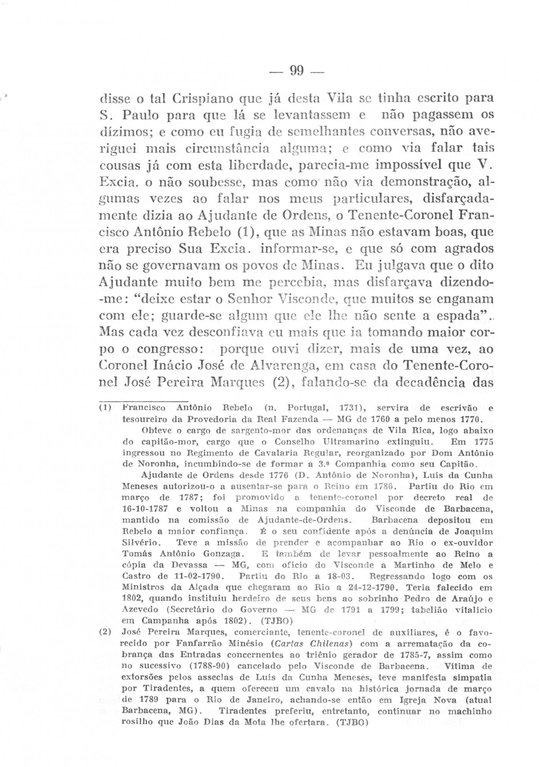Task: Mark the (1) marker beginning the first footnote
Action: [x=105, y=408]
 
